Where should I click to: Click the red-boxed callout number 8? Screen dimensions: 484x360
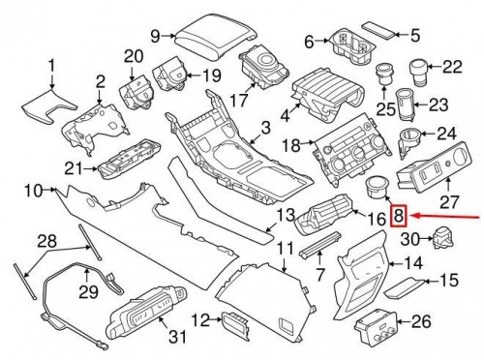click(x=399, y=216)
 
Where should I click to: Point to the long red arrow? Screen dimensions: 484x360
click(x=446, y=217)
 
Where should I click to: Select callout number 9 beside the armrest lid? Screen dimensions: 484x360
click(x=156, y=36)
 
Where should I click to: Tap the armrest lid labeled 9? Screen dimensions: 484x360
click(x=216, y=39)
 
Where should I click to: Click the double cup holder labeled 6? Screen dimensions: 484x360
click(x=352, y=47)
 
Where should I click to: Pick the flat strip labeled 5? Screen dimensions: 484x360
click(x=378, y=30)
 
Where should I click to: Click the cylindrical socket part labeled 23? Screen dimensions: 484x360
click(x=405, y=105)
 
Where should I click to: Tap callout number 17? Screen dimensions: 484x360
click(x=240, y=100)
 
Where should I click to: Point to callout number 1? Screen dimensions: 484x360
click(x=51, y=67)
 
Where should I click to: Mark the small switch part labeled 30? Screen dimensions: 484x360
click(x=444, y=238)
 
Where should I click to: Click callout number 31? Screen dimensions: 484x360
click(x=178, y=337)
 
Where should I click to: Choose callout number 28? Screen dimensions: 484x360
click(x=47, y=241)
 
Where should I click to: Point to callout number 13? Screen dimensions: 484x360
click(x=286, y=215)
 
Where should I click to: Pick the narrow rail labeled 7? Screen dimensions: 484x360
click(x=320, y=245)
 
